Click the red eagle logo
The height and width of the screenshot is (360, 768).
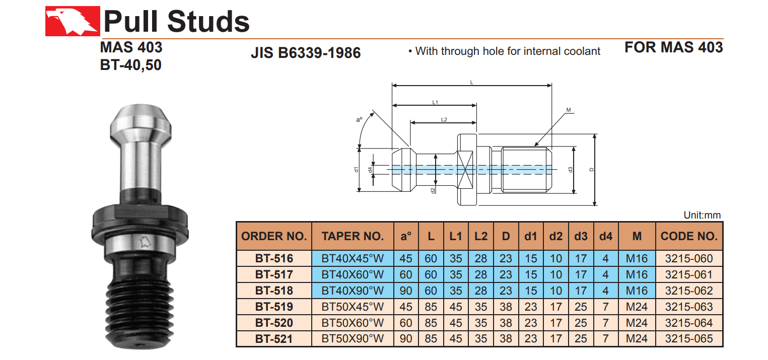pyautogui.click(x=72, y=22)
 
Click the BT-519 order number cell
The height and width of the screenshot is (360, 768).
pyautogui.click(x=274, y=307)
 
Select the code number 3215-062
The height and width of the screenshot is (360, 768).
pyautogui.click(x=689, y=291)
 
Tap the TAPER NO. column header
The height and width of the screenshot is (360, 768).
pyautogui.click(x=353, y=236)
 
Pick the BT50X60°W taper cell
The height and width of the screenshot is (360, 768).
pyautogui.click(x=353, y=323)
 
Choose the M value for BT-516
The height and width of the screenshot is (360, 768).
pyautogui.click(x=637, y=259)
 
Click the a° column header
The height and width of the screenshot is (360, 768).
pyautogui.click(x=406, y=236)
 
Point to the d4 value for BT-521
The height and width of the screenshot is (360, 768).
pyautogui.click(x=606, y=339)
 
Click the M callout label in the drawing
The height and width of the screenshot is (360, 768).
pyautogui.click(x=568, y=110)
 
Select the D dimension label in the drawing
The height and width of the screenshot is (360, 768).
pyautogui.click(x=592, y=170)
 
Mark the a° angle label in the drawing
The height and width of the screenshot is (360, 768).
pyautogui.click(x=359, y=120)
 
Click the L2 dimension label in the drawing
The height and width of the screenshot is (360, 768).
pyautogui.click(x=444, y=119)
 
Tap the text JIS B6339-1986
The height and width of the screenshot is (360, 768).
pyautogui.click(x=306, y=52)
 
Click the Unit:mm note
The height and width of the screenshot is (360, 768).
pyautogui.click(x=702, y=215)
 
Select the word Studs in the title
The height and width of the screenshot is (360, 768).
pyautogui.click(x=208, y=22)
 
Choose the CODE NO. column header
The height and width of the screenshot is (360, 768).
pyautogui.click(x=689, y=236)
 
